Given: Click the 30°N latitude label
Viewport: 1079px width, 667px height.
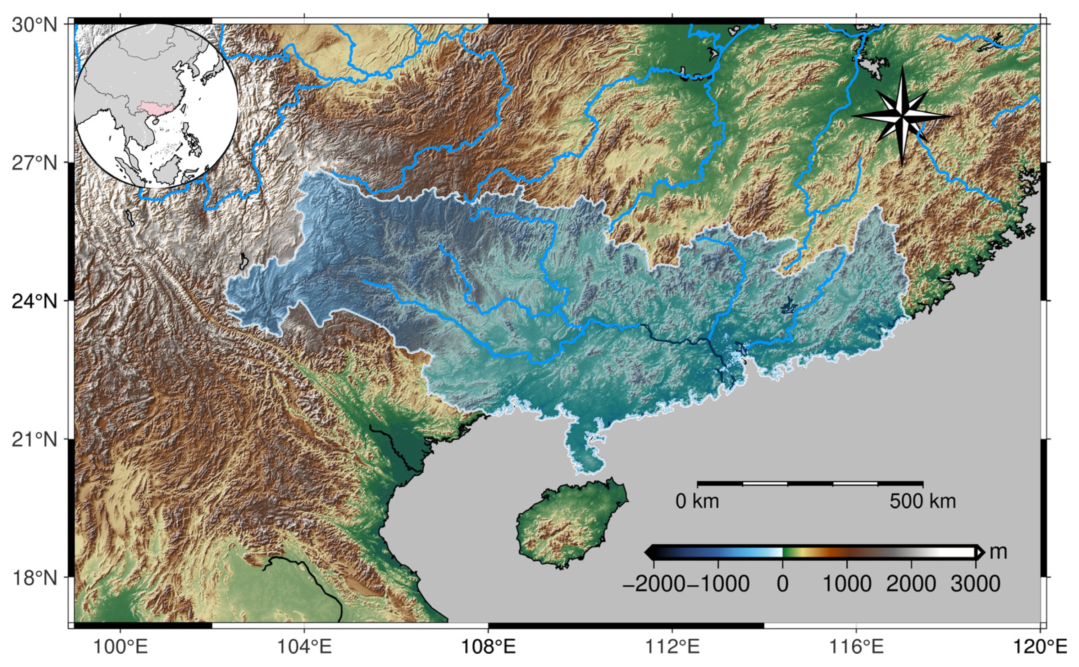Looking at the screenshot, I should click(x=35, y=25).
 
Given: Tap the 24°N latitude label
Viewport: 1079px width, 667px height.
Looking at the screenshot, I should click(x=35, y=302).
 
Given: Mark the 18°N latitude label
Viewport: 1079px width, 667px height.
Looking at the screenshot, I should click(x=35, y=577).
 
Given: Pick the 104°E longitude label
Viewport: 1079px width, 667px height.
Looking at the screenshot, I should click(x=304, y=647).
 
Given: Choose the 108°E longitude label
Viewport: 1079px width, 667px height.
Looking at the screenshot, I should click(x=488, y=647).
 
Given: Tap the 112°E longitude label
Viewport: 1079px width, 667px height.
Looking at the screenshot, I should click(x=672, y=647).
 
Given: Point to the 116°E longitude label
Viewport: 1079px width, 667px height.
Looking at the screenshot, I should click(x=856, y=647).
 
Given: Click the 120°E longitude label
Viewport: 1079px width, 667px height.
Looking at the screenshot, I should click(x=1039, y=647).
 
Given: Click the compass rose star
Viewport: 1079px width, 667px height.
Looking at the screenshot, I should click(x=902, y=116).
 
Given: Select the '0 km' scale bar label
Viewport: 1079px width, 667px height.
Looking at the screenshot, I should click(x=697, y=502).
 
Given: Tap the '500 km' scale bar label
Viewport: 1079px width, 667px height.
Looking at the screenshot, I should click(x=923, y=502).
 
